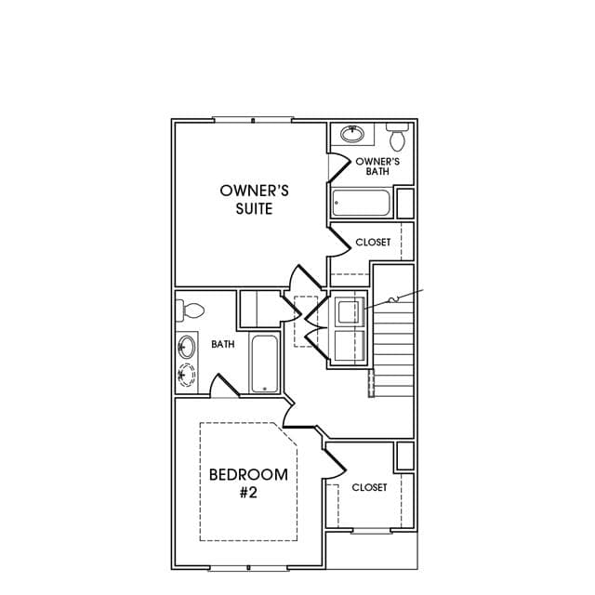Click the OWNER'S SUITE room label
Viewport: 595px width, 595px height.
[x=254, y=200]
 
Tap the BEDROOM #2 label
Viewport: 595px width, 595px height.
[x=248, y=483]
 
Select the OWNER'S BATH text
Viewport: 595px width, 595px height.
[x=377, y=166]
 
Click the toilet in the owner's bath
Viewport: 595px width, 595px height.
[x=397, y=137]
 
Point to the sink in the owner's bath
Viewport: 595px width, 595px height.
[x=352, y=134]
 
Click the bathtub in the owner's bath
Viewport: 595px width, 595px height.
[x=362, y=203]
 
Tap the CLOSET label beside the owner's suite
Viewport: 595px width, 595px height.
[x=373, y=242]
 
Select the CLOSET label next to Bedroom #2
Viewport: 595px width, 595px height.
[x=369, y=487]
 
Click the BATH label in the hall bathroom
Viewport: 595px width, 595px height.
[x=223, y=344]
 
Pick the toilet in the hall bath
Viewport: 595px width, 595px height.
[x=190, y=311]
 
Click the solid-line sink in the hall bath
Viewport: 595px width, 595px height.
[x=186, y=347]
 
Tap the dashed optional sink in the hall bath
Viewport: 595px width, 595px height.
[x=186, y=375]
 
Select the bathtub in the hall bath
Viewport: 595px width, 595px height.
[x=264, y=364]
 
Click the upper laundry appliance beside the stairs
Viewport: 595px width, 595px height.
[x=350, y=311]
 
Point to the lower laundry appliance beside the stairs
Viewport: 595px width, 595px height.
[x=350, y=345]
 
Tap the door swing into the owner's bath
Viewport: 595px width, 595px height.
[x=338, y=167]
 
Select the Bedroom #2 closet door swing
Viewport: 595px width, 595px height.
[x=335, y=465]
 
